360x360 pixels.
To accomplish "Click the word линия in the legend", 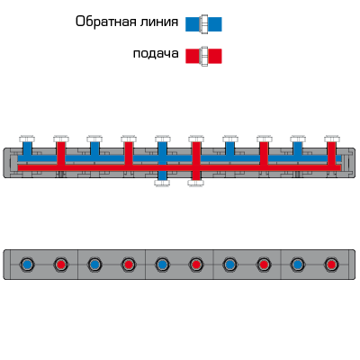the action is [156, 22].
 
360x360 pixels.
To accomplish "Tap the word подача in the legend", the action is [156, 54].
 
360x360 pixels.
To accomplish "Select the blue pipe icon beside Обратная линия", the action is [203, 24].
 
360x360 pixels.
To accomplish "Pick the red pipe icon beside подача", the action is [203, 56].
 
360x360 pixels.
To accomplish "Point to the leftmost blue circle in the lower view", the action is [27, 265].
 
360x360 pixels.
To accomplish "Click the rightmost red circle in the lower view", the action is [331, 265].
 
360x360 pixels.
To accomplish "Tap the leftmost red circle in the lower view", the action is [61, 265].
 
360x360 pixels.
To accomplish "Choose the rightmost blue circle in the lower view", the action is [298, 265].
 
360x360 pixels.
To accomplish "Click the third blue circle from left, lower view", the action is [162, 265].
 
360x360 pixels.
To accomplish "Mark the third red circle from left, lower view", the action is [196, 265].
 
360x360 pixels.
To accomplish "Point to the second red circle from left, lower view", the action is [129, 265].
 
